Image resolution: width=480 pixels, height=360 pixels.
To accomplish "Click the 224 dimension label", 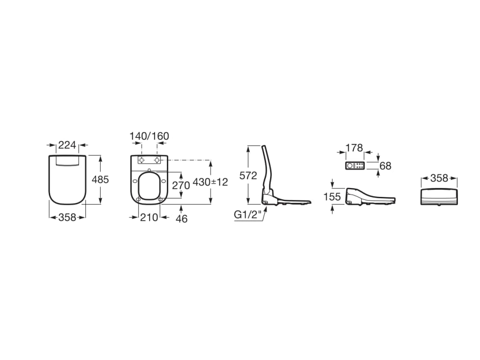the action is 67,145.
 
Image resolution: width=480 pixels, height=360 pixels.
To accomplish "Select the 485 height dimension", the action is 100,180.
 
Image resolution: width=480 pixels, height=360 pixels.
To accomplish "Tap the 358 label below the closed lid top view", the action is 67,217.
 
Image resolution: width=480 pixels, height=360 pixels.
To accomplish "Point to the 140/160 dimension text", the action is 149,136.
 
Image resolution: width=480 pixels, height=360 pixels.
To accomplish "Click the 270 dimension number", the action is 181,186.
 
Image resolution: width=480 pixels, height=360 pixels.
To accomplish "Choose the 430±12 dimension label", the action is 210,182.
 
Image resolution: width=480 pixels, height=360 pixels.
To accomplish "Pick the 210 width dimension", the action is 149,217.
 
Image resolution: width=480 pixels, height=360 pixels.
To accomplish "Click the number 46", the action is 181,218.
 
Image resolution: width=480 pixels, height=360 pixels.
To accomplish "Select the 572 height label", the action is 248,175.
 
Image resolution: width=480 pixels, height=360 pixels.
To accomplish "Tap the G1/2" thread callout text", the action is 248,215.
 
